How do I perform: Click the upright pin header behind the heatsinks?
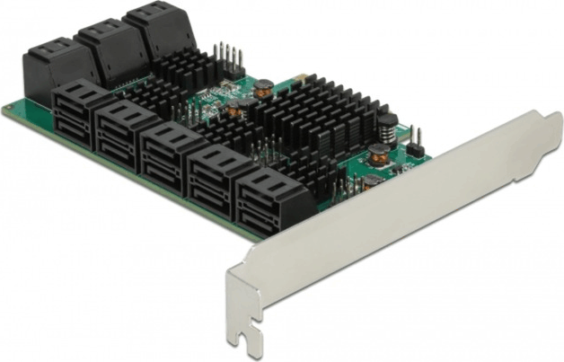tap(228, 59)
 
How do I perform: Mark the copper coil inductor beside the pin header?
tap(263, 88)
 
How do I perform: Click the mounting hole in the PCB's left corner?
tap(10, 111)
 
